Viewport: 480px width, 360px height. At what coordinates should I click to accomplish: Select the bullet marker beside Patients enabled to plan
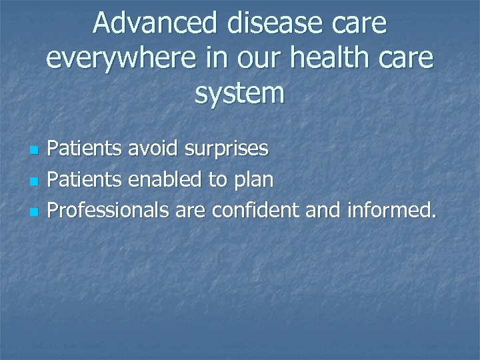pos(35,181)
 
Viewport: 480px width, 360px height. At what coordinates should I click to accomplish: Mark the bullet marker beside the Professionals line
pos(35,211)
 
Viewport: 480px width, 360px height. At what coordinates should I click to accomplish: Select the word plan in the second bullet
pos(255,181)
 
